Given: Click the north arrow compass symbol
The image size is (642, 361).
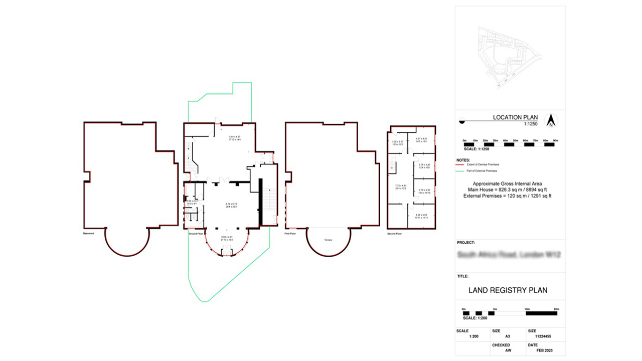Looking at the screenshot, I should [551, 121].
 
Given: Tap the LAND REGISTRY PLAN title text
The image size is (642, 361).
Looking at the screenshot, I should [508, 290].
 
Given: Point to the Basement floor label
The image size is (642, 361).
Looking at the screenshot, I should [89, 234].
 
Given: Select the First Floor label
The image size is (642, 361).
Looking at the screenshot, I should [291, 234].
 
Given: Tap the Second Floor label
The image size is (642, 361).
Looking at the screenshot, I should [394, 234].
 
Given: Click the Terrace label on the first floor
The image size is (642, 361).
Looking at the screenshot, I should [328, 240].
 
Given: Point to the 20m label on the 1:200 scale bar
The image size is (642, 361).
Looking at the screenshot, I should [555, 308].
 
